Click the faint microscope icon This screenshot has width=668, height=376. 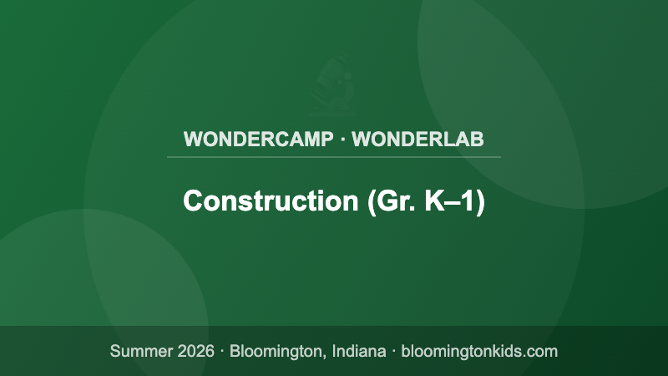click(x=334, y=86)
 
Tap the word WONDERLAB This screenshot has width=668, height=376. click(x=417, y=139)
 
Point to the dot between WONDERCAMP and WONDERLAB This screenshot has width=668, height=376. click(x=343, y=139)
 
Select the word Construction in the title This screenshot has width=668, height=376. click(x=271, y=201)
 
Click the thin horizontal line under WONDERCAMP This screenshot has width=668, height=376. click(x=334, y=156)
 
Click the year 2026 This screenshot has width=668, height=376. click(x=195, y=351)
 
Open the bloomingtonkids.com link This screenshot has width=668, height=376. click(x=479, y=351)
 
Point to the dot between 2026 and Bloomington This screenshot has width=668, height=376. click(x=222, y=351)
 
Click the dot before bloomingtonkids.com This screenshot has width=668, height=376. click(x=393, y=351)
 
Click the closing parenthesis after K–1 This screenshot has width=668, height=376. click(x=480, y=202)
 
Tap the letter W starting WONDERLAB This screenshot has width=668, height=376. click(x=361, y=139)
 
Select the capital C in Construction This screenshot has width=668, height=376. click(x=192, y=201)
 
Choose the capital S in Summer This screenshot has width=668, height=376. click(x=115, y=351)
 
